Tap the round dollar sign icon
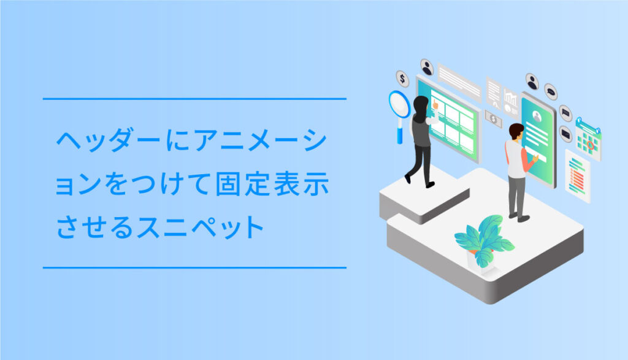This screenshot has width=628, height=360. tap(402, 79)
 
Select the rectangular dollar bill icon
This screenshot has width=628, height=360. tap(493, 118)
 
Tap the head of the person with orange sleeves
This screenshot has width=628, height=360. tap(516, 131)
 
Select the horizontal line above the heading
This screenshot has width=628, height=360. tap(194, 99)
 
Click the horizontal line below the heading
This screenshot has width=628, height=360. tap(194, 267)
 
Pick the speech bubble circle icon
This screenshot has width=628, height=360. tap(551, 91)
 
